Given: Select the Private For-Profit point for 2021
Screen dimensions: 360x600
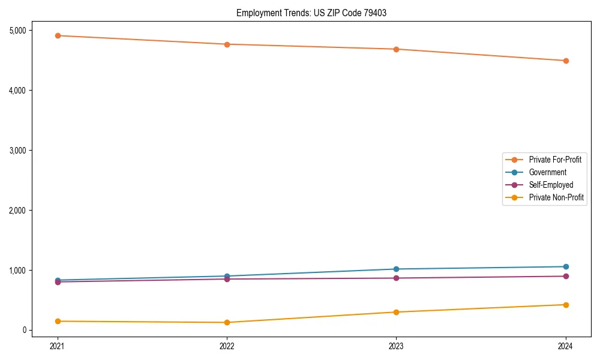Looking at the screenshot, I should point(58,35).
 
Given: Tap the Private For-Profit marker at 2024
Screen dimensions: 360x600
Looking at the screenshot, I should point(566,61).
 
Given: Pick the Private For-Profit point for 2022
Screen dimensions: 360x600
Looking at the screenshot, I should point(227,44).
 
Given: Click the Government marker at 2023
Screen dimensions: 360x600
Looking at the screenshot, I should point(396,269).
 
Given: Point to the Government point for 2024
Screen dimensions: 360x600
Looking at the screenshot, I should point(566,266).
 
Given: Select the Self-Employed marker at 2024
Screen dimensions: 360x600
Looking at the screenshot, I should point(566,276).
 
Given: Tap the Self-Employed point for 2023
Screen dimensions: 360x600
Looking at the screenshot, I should point(396,278).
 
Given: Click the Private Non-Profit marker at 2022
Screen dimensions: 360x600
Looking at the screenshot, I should point(227,322).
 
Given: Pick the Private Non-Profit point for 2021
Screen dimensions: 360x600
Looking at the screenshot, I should point(58,321).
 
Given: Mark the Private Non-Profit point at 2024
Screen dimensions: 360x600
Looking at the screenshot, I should point(566,305).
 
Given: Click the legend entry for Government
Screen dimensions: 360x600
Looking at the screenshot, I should point(547,172).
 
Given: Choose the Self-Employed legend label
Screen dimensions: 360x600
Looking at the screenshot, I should point(551,185).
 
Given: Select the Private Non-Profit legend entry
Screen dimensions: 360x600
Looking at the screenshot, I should point(556,197).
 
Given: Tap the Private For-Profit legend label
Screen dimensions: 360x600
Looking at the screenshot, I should point(555,160).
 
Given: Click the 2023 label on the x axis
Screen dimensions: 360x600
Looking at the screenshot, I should point(396,346).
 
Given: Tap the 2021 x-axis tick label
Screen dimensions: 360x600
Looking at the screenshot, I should point(58,346).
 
